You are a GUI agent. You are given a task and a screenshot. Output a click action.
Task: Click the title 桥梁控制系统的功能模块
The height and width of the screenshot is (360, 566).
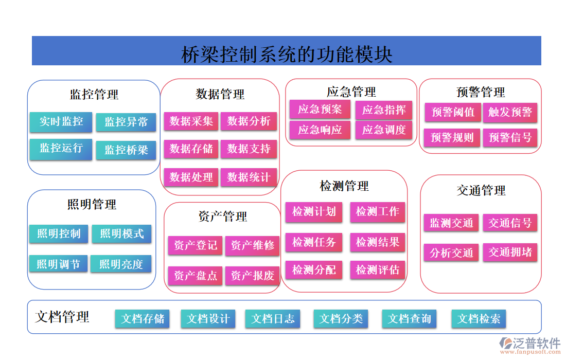click(x=287, y=54)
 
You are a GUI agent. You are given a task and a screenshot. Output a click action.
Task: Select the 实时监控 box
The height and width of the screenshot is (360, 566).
click(x=61, y=121)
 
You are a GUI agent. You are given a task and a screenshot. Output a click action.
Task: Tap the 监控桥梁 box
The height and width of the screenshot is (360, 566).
click(x=126, y=150)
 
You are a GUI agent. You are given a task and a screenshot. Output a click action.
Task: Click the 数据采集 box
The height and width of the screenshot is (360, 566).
click(x=191, y=121)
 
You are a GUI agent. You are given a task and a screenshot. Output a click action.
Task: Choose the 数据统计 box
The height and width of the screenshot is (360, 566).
click(x=249, y=177)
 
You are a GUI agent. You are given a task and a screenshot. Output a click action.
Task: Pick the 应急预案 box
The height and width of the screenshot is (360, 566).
click(x=320, y=109)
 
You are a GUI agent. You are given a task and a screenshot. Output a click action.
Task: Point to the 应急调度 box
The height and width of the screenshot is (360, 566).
click(x=384, y=130)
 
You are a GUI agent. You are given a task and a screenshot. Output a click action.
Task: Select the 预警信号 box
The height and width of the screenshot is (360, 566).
click(x=510, y=137)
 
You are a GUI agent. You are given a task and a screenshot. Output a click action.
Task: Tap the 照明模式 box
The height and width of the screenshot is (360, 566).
click(x=122, y=233)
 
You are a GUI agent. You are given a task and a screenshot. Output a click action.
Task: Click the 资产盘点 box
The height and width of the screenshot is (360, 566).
click(x=196, y=276)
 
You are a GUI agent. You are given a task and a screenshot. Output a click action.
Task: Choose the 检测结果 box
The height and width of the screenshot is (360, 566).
click(x=378, y=242)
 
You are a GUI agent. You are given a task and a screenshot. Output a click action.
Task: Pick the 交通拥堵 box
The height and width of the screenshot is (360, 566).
click(x=510, y=253)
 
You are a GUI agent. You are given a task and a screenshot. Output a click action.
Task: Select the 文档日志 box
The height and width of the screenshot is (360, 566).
click(x=273, y=319)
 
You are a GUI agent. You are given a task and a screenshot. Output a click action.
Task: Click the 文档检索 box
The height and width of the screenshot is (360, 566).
click(x=479, y=319)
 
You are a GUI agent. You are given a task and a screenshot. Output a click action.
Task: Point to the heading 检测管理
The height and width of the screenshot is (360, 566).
click(x=344, y=186)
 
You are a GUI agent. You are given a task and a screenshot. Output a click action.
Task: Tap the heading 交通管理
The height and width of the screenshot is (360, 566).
click(x=481, y=191)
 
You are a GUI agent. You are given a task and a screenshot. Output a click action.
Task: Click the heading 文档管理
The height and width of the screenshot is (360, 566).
click(x=62, y=317)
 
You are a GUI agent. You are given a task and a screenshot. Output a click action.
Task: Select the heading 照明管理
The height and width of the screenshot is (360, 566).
click(x=92, y=205)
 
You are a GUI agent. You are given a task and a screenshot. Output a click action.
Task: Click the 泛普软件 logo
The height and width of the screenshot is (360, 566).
click(x=530, y=345)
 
